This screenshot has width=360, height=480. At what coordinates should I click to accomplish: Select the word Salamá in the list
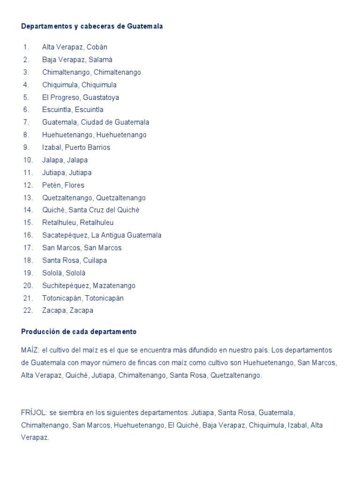coord(102,60)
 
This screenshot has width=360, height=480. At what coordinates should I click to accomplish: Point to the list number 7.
coord(26,122)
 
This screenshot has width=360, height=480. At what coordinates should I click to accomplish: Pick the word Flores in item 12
coord(75,185)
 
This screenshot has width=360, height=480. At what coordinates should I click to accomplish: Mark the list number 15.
coord(28,223)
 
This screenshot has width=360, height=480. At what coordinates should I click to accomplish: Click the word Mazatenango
coord(114,285)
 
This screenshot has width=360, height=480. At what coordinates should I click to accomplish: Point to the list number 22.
coord(28,310)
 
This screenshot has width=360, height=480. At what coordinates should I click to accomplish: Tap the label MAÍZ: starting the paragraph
coord(30,350)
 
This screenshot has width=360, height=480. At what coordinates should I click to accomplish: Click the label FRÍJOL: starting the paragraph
coord(34,412)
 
